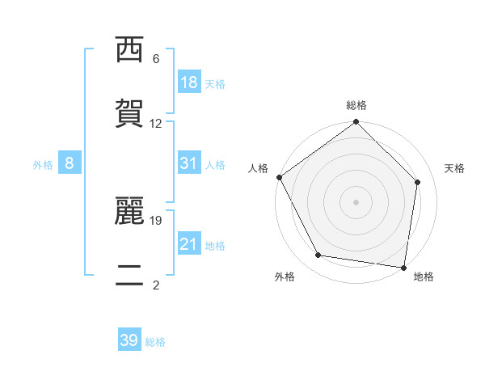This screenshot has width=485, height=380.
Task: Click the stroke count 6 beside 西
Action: tap(156, 59)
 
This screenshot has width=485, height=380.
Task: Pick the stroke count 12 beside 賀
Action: tap(156, 124)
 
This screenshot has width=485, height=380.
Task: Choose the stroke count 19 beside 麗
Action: tap(158, 220)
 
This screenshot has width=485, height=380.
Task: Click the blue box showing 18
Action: tap(189, 82)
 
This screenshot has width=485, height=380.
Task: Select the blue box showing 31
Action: tap(189, 163)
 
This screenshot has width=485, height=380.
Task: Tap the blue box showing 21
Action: tap(189, 244)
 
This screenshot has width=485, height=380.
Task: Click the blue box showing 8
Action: tap(70, 163)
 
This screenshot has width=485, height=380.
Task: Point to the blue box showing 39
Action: tap(129, 340)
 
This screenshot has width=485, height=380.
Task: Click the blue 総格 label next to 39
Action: tap(155, 342)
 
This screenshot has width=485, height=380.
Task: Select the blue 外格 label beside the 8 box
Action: tap(43, 164)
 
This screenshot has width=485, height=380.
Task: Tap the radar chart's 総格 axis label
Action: tap(356, 105)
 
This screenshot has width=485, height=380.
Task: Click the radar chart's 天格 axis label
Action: tap(455, 168)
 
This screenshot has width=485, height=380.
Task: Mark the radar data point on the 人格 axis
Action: tap(279, 177)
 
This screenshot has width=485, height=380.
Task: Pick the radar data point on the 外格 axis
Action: tap(318, 255)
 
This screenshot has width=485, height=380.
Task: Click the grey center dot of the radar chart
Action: tap(356, 202)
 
